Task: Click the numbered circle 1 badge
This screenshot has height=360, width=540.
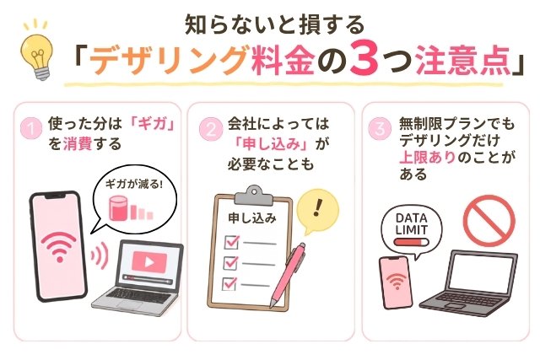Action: tap(31, 129)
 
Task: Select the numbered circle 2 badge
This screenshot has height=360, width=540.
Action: tap(211, 129)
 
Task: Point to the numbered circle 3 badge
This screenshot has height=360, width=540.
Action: tap(380, 129)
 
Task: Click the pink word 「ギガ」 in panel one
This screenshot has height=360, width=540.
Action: tap(152, 124)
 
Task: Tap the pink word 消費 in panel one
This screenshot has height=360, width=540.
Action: tap(78, 143)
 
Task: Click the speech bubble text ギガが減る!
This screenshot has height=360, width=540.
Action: tap(134, 184)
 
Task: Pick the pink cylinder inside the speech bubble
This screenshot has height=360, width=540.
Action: tap(118, 208)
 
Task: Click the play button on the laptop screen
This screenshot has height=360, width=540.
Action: tap(149, 262)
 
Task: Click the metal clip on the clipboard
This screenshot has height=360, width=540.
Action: tap(253, 196)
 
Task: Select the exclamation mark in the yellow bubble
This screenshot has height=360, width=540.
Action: tap(318, 207)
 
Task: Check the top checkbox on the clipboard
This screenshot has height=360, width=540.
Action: tap(231, 242)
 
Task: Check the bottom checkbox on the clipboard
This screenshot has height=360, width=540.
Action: tap(229, 283)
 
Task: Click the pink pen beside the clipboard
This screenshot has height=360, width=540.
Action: tap(288, 275)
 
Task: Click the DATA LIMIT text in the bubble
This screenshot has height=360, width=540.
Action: tap(412, 223)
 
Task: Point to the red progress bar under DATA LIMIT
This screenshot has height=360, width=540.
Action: tap(411, 242)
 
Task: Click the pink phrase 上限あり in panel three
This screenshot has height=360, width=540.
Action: tap(428, 158)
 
